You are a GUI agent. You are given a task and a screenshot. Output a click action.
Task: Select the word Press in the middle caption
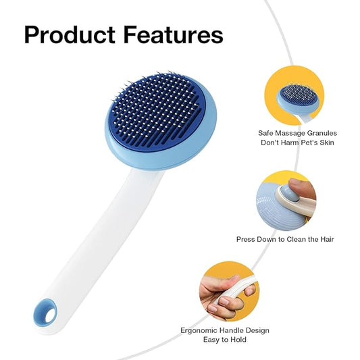click(x=247, y=239)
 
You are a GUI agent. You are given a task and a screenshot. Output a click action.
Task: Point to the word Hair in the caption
click(x=326, y=239)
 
